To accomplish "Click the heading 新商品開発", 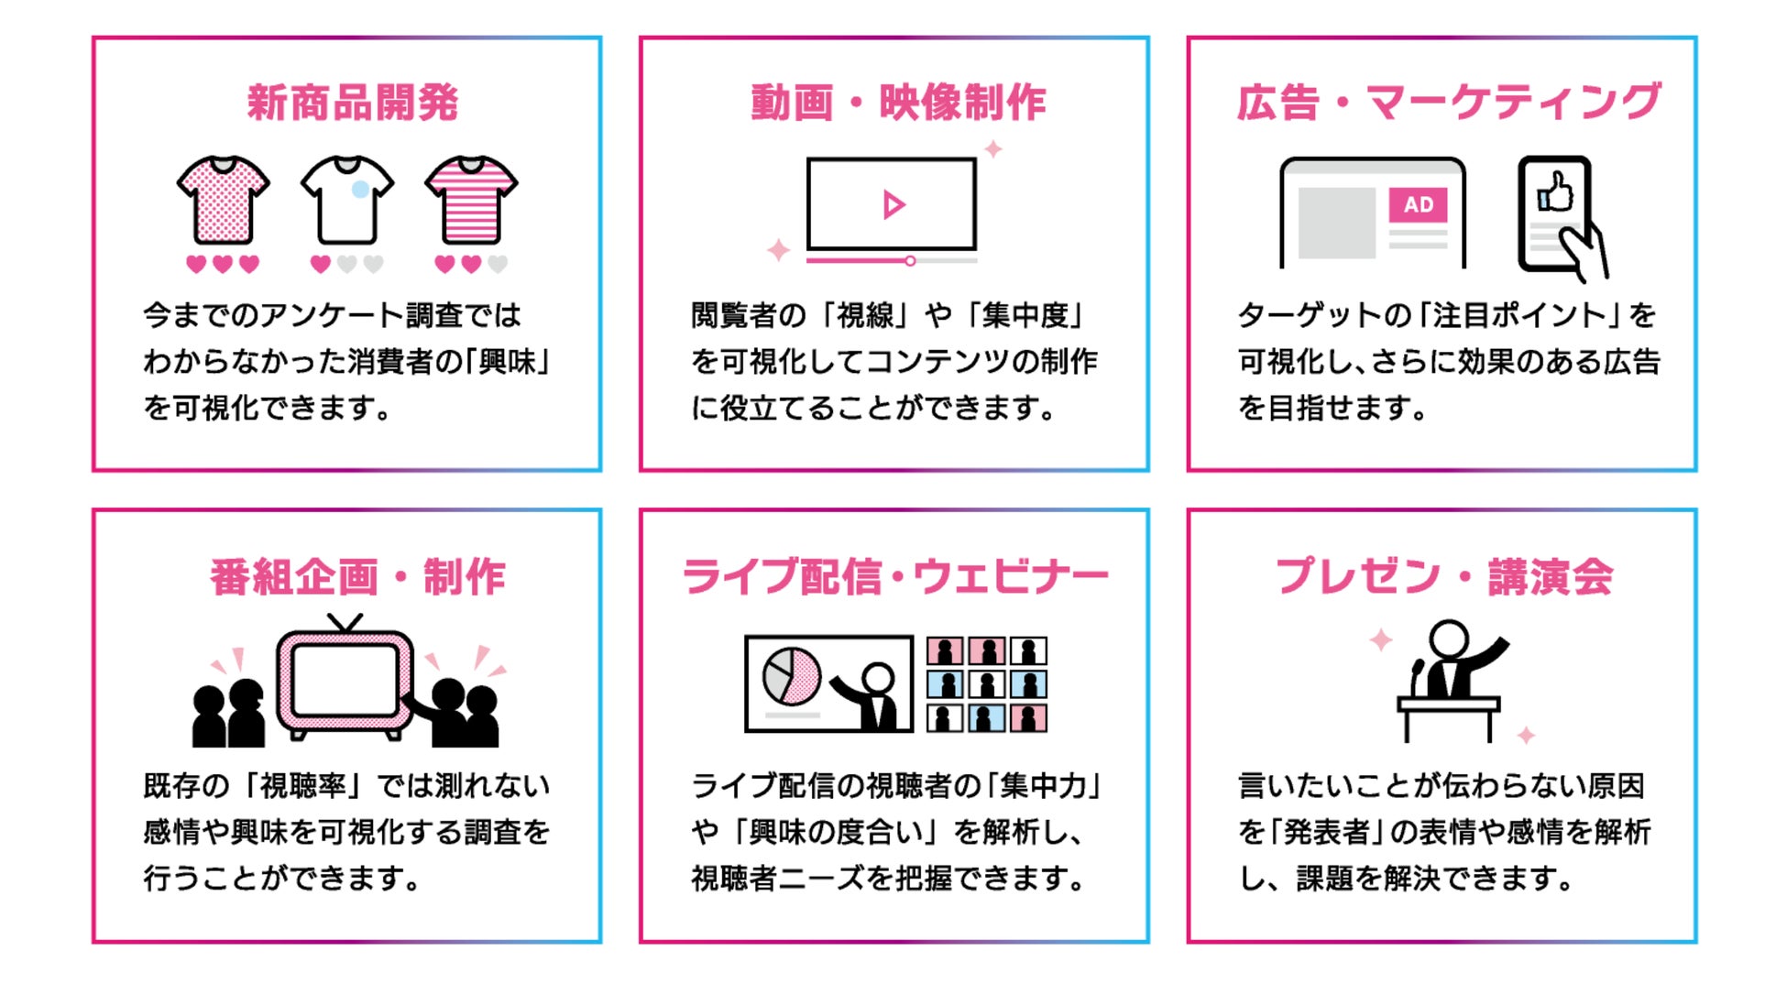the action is (x=352, y=102).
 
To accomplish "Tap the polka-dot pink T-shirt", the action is (x=223, y=201).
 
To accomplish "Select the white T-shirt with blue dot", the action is (x=346, y=201).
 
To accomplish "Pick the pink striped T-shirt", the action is (x=471, y=201).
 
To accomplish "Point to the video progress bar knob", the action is (x=910, y=261).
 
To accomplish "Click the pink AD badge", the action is (x=1418, y=204).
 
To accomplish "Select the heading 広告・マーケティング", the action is (x=1449, y=102).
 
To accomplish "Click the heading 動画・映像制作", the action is (x=898, y=102).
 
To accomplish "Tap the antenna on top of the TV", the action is (x=345, y=623).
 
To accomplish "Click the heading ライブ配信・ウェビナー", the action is (x=895, y=577).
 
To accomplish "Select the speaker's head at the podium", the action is (x=1449, y=639).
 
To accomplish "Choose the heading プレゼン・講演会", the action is (x=1444, y=577).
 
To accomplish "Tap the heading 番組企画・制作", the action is (x=357, y=577).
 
